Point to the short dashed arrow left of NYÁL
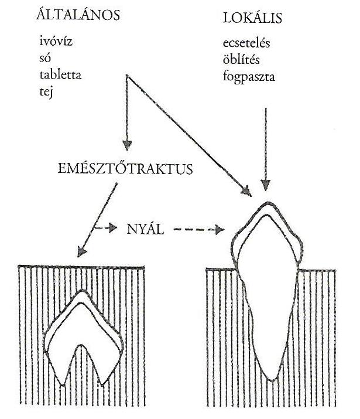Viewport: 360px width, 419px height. (x=105, y=227)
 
